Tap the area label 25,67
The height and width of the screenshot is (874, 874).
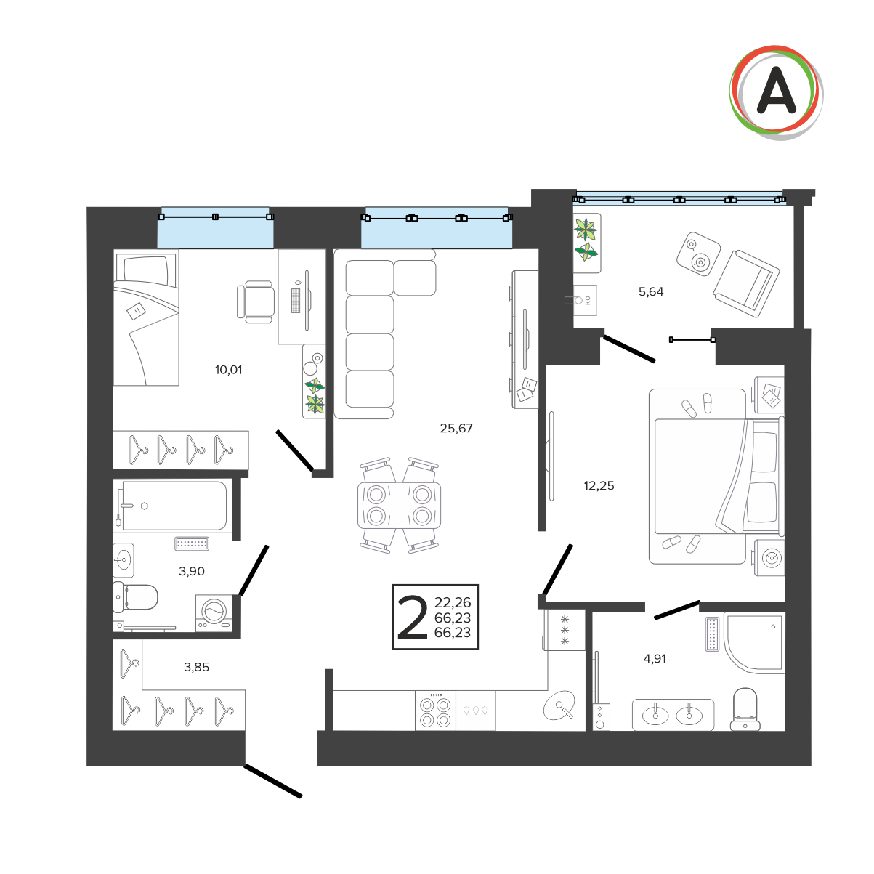click(456, 428)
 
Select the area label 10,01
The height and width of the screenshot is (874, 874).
click(228, 370)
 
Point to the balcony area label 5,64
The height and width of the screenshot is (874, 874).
click(651, 291)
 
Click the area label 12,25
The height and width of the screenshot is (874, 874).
click(599, 486)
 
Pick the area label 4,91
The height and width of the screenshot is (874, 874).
click(655, 658)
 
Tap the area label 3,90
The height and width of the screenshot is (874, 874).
click(191, 571)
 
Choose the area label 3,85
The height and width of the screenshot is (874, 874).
click(196, 667)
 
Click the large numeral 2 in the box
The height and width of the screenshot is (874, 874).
click(412, 617)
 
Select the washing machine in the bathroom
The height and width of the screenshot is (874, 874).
click(214, 613)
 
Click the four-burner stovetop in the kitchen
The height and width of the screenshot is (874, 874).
click(435, 712)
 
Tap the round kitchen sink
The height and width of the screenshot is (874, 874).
click(559, 705)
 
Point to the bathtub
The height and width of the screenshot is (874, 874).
click(174, 506)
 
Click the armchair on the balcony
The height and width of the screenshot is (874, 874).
click(746, 283)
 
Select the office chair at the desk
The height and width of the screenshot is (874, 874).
click(255, 302)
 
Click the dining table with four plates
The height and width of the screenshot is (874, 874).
click(399, 506)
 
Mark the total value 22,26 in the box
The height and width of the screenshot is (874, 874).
click(453, 602)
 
